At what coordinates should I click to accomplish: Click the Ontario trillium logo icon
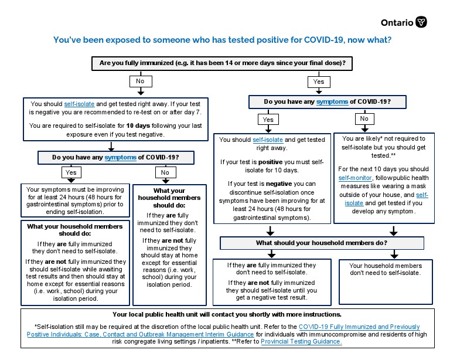421,22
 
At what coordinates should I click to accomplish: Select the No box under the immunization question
140,80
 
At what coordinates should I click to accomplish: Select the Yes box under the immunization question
318,81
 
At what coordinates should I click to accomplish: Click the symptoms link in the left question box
120,158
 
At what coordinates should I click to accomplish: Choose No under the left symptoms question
165,172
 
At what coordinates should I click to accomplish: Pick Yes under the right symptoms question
267,119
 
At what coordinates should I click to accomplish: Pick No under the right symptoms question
364,119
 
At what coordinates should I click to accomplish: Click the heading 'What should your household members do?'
321,243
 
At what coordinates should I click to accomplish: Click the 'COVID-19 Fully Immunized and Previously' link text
359,326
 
